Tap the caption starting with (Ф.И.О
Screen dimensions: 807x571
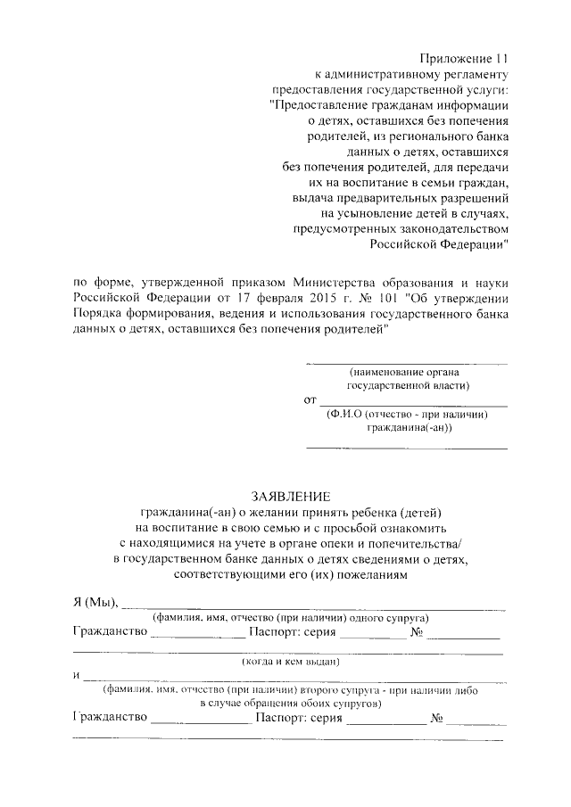[407, 415]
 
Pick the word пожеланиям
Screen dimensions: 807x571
[363, 575]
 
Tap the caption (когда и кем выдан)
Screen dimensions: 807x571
[291, 662]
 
